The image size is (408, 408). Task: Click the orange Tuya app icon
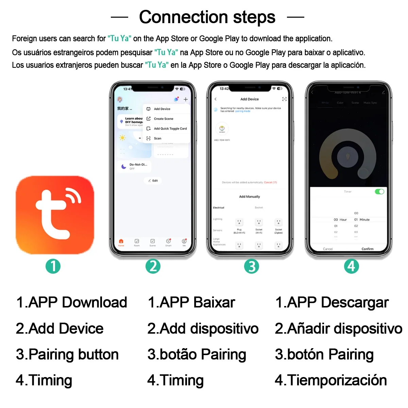55,215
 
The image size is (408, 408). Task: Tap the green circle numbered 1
53,266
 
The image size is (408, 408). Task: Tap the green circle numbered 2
153,266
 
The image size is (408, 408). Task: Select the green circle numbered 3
252,266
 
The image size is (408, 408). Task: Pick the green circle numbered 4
351,266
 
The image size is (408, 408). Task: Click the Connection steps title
207,17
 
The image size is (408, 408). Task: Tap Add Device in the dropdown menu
162,109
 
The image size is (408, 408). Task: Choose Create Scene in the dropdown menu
163,119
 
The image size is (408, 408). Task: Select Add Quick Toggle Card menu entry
170,129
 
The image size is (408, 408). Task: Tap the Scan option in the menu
157,138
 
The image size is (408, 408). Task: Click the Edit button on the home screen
153,181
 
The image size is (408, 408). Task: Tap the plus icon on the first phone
186,99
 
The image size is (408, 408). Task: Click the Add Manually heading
249,197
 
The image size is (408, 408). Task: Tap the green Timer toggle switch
379,192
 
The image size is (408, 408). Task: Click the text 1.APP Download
71,302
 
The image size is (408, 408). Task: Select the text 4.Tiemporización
330,380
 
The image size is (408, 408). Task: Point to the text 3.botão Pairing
197,354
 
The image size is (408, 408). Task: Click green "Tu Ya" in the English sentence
119,38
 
